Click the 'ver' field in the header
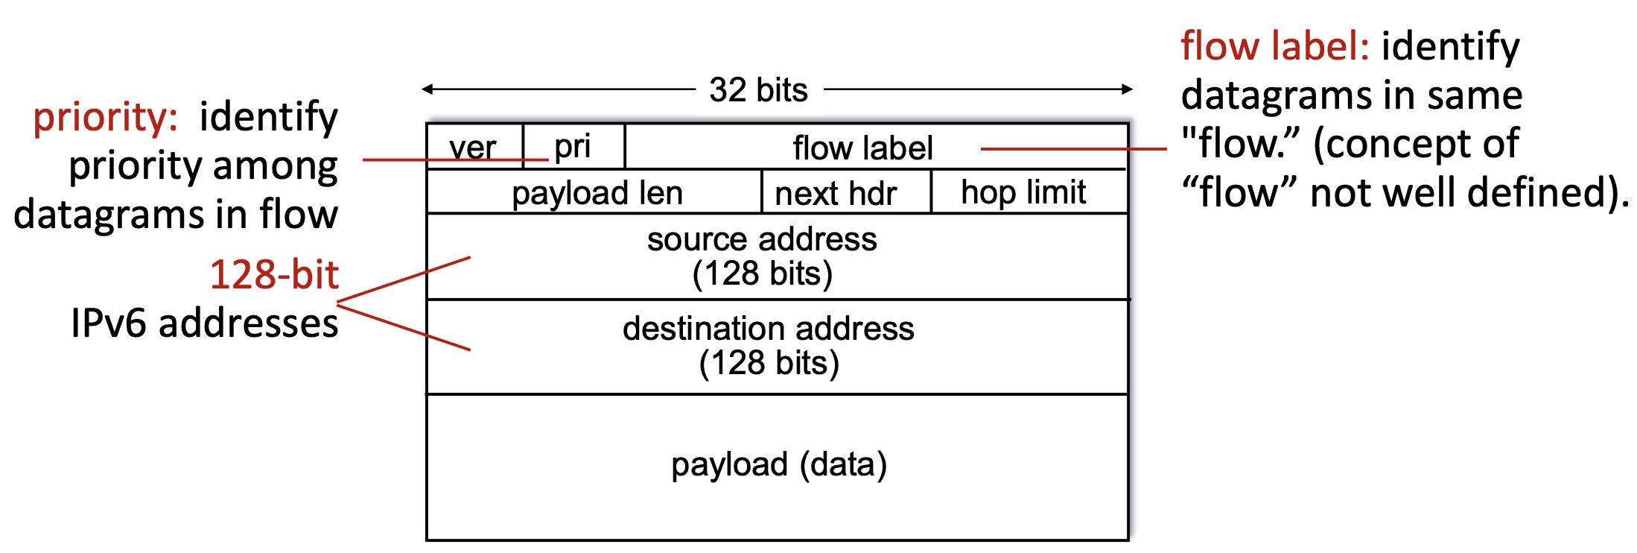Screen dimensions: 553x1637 coord(473,147)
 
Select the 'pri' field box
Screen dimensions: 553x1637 coord(573,146)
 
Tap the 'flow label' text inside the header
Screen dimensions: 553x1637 coord(862,148)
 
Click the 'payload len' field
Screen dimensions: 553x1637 coord(597,193)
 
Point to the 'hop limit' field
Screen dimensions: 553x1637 coord(1023,192)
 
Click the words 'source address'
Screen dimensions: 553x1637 coord(762,239)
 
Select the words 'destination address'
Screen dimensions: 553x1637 coord(768,329)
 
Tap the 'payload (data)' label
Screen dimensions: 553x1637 coord(779,464)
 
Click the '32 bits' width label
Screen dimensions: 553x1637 coord(758,90)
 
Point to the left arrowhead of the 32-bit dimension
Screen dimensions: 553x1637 coord(427,89)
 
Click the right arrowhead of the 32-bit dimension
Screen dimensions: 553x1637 coord(1128,89)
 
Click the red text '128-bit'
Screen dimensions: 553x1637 coord(274,274)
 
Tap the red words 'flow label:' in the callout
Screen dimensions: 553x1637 coord(1275,46)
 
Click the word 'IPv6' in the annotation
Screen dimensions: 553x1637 coord(109,323)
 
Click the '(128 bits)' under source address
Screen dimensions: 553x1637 coord(762,274)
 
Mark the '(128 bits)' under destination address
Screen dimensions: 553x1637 coord(769,363)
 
